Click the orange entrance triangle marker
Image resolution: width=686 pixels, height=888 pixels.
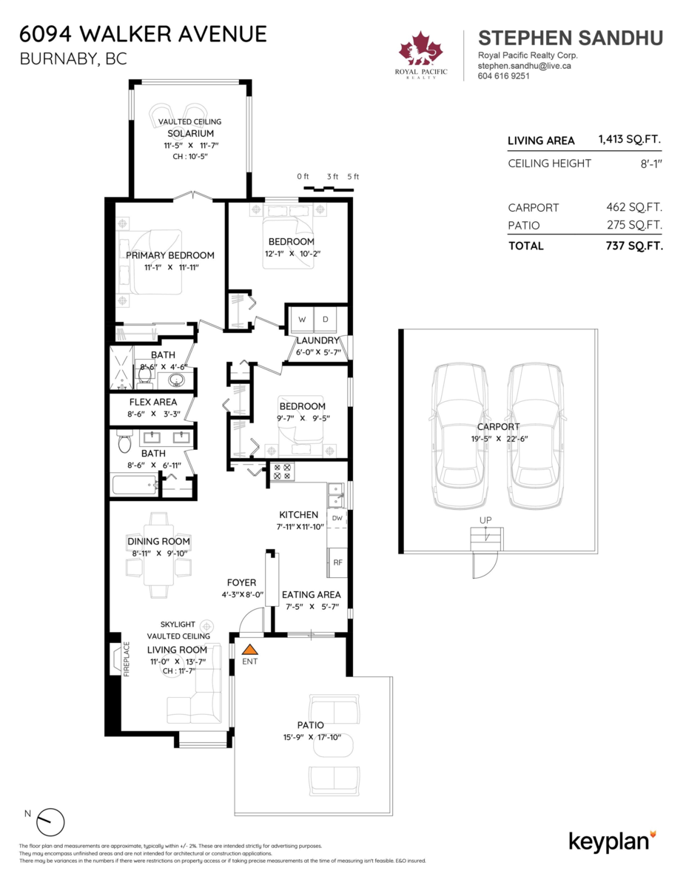(249, 649)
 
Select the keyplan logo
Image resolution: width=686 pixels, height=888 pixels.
(612, 841)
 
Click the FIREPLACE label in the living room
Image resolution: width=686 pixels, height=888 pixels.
(126, 659)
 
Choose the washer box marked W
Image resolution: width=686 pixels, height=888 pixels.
(302, 320)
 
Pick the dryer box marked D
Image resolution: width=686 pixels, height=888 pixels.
(326, 320)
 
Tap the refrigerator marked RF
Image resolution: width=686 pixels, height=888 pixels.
(337, 562)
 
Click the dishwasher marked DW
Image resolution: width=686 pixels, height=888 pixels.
(337, 518)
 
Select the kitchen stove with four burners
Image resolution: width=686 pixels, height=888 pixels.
(283, 471)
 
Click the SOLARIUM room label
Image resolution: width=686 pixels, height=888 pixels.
(190, 133)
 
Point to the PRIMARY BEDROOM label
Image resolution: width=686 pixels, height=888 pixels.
(169, 255)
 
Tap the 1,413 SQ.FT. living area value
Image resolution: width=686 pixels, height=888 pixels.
(630, 140)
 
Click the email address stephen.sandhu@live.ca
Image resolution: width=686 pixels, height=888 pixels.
(525, 66)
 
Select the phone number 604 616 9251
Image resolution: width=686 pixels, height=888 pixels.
(504, 75)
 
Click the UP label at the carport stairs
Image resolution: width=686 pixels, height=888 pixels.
(485, 520)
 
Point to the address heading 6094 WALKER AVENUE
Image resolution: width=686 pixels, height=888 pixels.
(144, 34)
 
